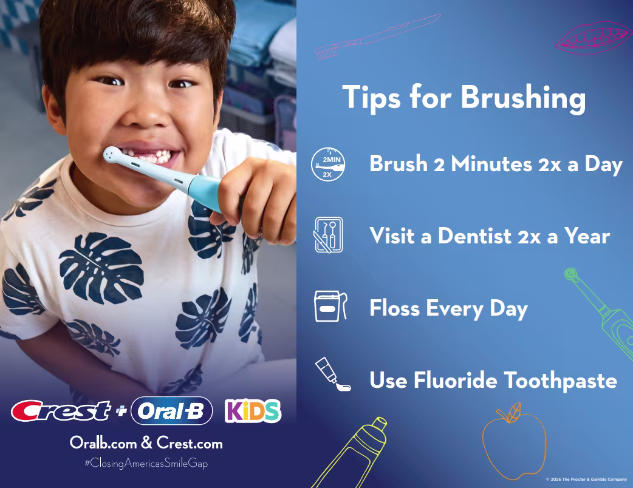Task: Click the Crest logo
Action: click(61, 410)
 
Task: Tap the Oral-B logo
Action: click(171, 410)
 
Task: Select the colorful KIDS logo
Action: click(253, 410)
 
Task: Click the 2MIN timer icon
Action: click(328, 164)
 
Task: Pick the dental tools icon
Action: click(328, 235)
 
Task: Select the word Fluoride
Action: click(448, 381)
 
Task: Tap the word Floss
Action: click(394, 308)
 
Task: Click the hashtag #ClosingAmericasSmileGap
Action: click(146, 463)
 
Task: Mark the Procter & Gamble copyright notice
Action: click(586, 480)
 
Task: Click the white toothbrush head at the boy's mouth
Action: click(114, 156)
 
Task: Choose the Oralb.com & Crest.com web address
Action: click(146, 443)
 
